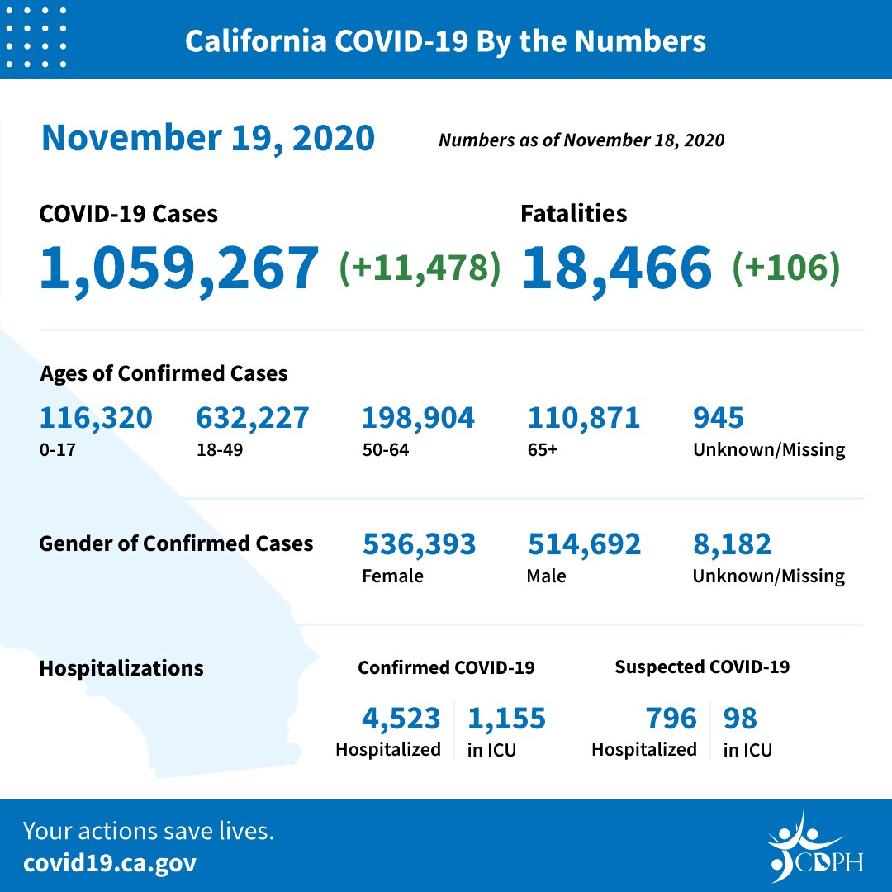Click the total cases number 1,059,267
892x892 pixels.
point(178,268)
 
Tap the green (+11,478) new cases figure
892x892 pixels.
point(420,268)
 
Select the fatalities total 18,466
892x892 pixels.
point(616,268)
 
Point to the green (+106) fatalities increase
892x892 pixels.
point(785,268)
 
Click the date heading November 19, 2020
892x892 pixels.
point(208,138)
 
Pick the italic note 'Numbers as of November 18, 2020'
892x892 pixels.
point(581,140)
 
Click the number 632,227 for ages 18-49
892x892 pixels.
point(252,418)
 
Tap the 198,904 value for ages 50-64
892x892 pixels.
point(418,418)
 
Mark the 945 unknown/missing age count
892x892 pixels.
point(718,418)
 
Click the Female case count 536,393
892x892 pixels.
point(419,544)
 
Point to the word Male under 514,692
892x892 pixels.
point(546,576)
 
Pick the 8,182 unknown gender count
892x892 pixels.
point(732,544)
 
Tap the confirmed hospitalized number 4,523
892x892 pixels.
point(401,719)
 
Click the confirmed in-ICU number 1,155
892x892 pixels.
point(506,719)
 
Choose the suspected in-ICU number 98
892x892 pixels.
point(740,719)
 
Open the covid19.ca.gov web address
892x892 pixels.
point(110,864)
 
